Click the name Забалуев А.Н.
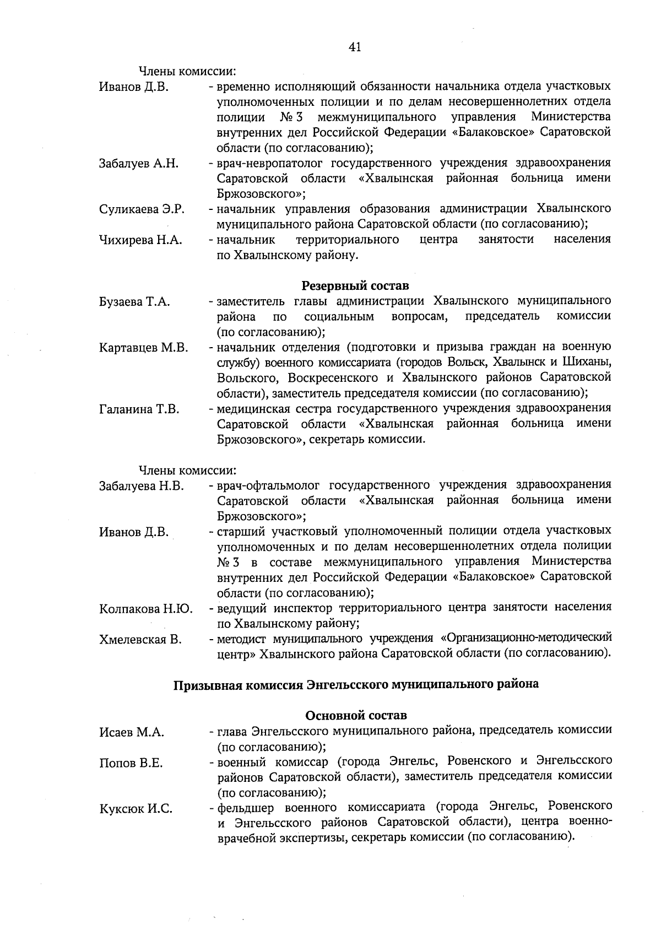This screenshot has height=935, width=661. tap(138, 163)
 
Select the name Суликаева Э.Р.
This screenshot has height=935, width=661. tap(142, 209)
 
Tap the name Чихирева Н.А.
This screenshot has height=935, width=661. tap(140, 240)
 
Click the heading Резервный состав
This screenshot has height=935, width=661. tap(355, 286)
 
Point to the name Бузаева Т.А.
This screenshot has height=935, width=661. tap(134, 301)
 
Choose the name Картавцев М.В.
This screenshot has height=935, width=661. tap(143, 348)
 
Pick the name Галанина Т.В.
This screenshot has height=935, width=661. tap(139, 409)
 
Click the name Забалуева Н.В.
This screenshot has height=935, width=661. tap(142, 485)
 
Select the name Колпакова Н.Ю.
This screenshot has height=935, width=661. tap(145, 609)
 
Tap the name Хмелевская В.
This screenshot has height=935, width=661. tap(140, 640)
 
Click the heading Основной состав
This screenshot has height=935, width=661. tap(356, 715)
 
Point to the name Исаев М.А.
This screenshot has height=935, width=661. tap(132, 732)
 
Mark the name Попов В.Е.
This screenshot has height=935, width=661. tap(131, 763)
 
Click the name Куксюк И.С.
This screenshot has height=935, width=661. tap(136, 809)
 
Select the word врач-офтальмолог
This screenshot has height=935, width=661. tap(267, 485)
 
